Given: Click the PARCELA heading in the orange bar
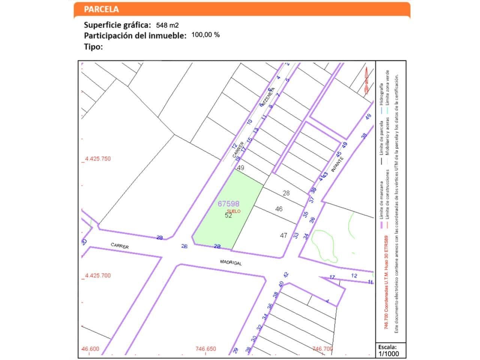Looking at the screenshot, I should click(101, 9).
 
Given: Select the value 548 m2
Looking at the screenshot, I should click(167, 25).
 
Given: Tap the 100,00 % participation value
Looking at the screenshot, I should click(205, 35).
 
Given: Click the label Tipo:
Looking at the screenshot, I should click(93, 47).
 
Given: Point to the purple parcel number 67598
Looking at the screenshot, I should click(228, 204).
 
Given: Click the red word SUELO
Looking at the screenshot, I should click(234, 211).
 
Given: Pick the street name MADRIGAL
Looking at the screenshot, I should click(231, 262).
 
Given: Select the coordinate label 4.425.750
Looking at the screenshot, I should click(97, 159).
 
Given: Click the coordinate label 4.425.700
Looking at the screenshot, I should click(97, 275).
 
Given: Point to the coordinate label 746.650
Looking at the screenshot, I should click(205, 349).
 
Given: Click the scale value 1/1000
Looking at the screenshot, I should click(388, 354).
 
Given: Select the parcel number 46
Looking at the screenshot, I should click(279, 209).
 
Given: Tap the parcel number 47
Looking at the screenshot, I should click(283, 235).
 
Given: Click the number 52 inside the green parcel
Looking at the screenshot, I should click(228, 215).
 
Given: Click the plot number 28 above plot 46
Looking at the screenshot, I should click(286, 193).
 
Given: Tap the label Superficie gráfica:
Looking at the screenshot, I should click(117, 25).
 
